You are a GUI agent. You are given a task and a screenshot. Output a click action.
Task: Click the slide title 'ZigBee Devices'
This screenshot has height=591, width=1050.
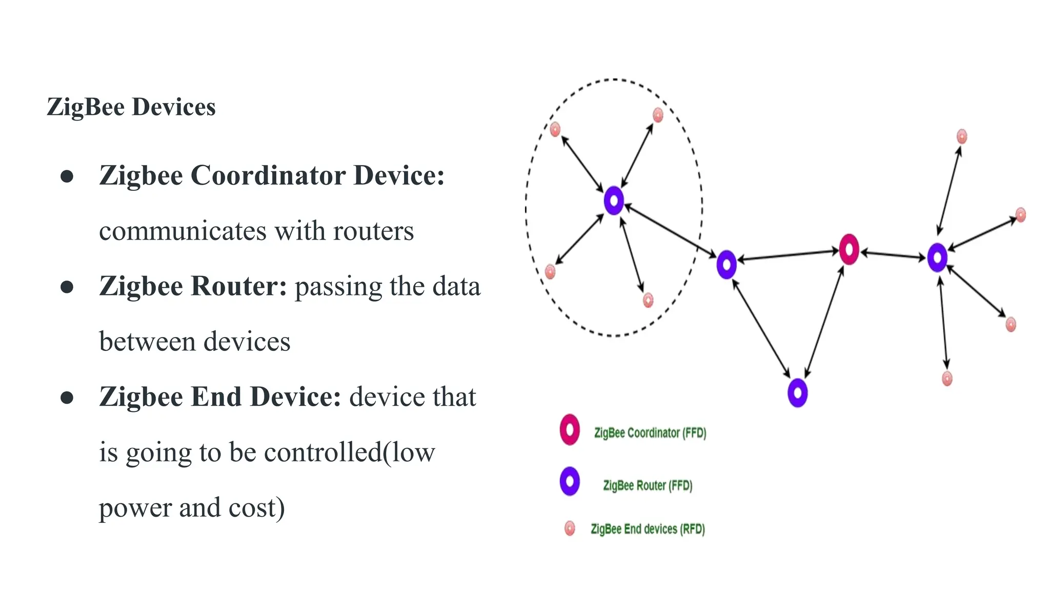[x=131, y=107]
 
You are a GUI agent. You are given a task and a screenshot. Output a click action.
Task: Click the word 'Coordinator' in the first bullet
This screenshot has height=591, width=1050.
[x=268, y=175]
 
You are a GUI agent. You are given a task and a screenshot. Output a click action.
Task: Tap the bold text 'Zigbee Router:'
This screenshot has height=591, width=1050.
[x=193, y=286]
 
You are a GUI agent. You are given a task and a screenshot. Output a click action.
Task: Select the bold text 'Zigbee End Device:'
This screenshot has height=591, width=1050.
[x=220, y=397]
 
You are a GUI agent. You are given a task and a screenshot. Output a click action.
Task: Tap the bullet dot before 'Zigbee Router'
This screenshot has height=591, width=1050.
[x=67, y=287]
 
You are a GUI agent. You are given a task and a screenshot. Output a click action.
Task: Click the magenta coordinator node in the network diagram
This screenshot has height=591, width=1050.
[x=849, y=250]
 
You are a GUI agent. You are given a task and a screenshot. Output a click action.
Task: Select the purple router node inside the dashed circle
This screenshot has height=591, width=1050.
[x=614, y=201]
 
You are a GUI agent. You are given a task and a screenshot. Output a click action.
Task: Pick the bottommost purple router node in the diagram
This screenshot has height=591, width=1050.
[x=797, y=393]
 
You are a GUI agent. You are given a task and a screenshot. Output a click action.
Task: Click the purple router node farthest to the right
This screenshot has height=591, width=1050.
[x=937, y=258]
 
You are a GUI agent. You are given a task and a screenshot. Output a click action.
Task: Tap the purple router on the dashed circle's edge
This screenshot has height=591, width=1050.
[x=726, y=265]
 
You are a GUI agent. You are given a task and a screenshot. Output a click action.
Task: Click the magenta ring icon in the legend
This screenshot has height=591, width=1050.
[x=570, y=429]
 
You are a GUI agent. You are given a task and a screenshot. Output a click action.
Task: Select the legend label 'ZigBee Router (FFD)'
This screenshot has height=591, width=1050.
[x=648, y=485]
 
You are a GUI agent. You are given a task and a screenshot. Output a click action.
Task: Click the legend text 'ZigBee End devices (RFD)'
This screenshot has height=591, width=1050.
[x=648, y=529]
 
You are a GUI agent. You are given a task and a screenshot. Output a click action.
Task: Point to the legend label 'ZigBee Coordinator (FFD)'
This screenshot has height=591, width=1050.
[x=650, y=433]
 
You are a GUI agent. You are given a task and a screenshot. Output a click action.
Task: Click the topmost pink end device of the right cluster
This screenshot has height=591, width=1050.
[x=962, y=136]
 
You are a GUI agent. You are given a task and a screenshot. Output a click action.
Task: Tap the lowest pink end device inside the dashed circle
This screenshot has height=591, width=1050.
[x=648, y=300]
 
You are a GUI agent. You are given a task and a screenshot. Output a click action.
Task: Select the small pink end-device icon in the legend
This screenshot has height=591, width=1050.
[x=570, y=528]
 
